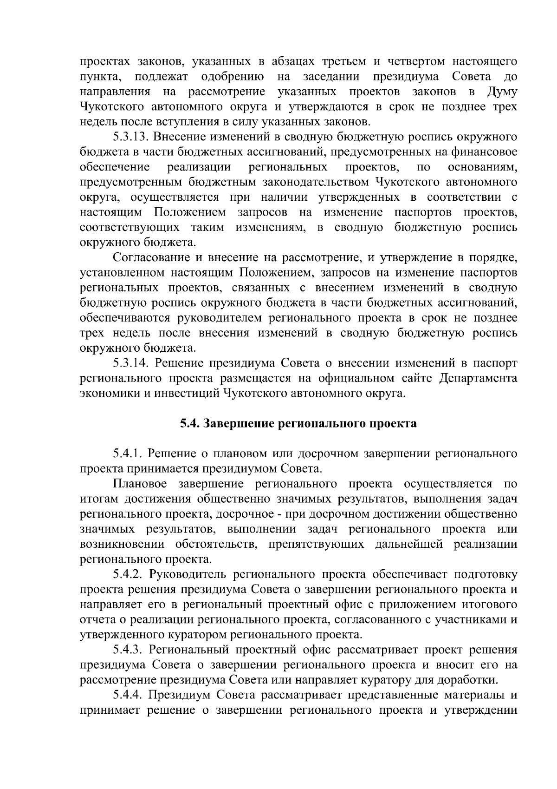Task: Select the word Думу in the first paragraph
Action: [502, 92]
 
